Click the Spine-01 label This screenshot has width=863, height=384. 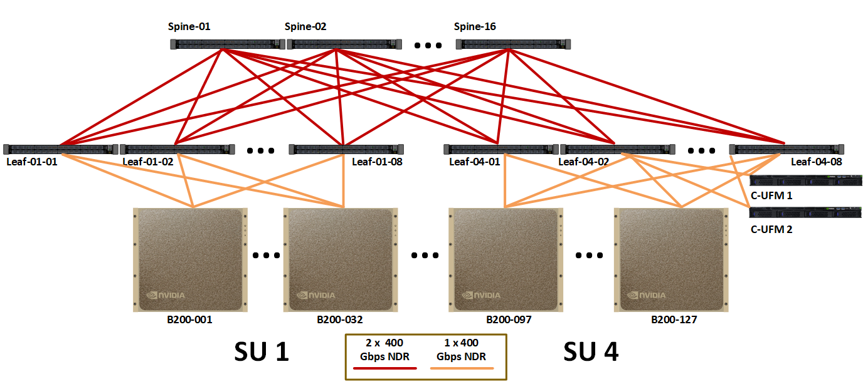pos(189,27)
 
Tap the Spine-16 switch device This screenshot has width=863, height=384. pos(513,44)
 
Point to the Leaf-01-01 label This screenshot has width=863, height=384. pos(31,162)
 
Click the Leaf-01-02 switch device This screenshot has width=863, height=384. pos(177,149)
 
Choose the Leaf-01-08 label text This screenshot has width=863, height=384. pos(377,162)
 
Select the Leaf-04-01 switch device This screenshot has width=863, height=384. pos(500,149)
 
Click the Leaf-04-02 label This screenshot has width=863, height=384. pos(584,162)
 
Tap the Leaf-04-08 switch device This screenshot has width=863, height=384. pos(786,149)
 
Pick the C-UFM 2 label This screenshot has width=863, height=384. pos(771,229)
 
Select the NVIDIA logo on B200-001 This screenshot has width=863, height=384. pos(166,295)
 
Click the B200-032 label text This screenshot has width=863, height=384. pos(340,319)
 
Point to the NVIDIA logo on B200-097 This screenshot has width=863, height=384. pos(482,295)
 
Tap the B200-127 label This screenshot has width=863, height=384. pos(674,319)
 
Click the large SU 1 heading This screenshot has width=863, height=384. pos(261,352)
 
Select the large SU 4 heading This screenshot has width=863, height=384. pos(591,352)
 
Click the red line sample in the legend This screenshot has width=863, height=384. pos(385,368)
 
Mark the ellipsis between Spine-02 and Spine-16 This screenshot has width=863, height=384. pos(428,45)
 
